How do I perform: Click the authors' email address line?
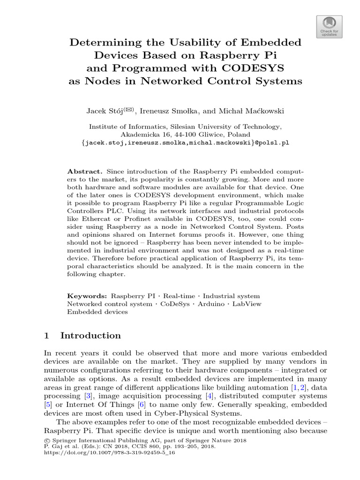(185, 143)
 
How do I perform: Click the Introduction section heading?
(90, 336)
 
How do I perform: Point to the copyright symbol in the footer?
(46, 441)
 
